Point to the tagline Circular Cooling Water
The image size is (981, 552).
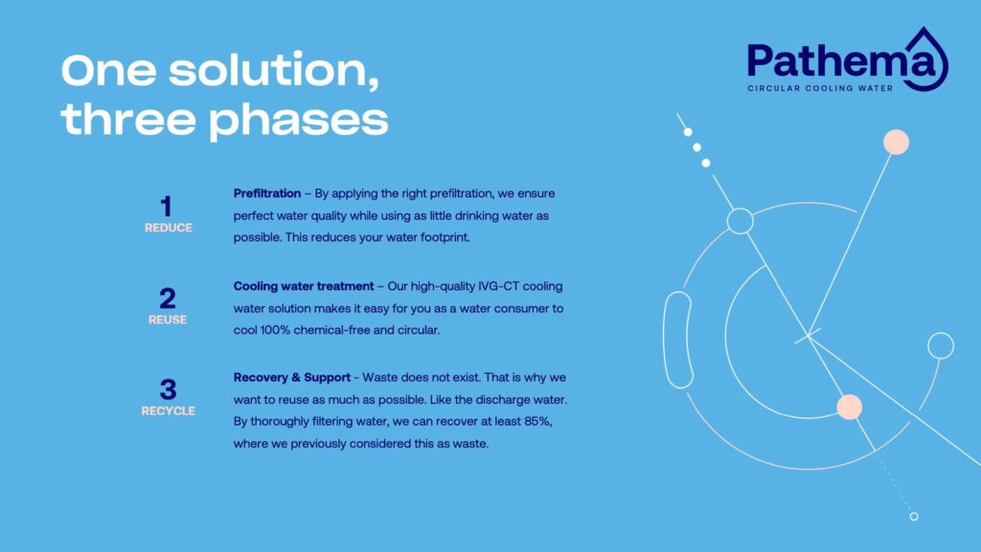pos(820,88)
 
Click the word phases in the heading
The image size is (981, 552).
pos(299,121)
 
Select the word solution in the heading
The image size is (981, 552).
pos(273,70)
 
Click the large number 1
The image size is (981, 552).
pos(166,207)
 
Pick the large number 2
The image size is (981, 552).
pos(167,299)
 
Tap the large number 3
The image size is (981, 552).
pos(168,389)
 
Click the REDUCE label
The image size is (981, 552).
pos(169,228)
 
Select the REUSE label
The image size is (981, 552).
pos(168,320)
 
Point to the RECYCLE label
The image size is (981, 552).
pos(169,411)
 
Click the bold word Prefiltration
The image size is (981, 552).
pos(267,194)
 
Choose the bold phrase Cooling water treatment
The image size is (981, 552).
pos(304,286)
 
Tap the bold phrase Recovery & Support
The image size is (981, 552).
pos(291,378)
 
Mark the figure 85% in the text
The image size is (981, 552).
pos(537,422)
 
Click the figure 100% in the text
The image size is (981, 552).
pos(275,330)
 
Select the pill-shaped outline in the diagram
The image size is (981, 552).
pos(677,340)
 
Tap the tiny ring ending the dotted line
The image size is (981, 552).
pos(914,517)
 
